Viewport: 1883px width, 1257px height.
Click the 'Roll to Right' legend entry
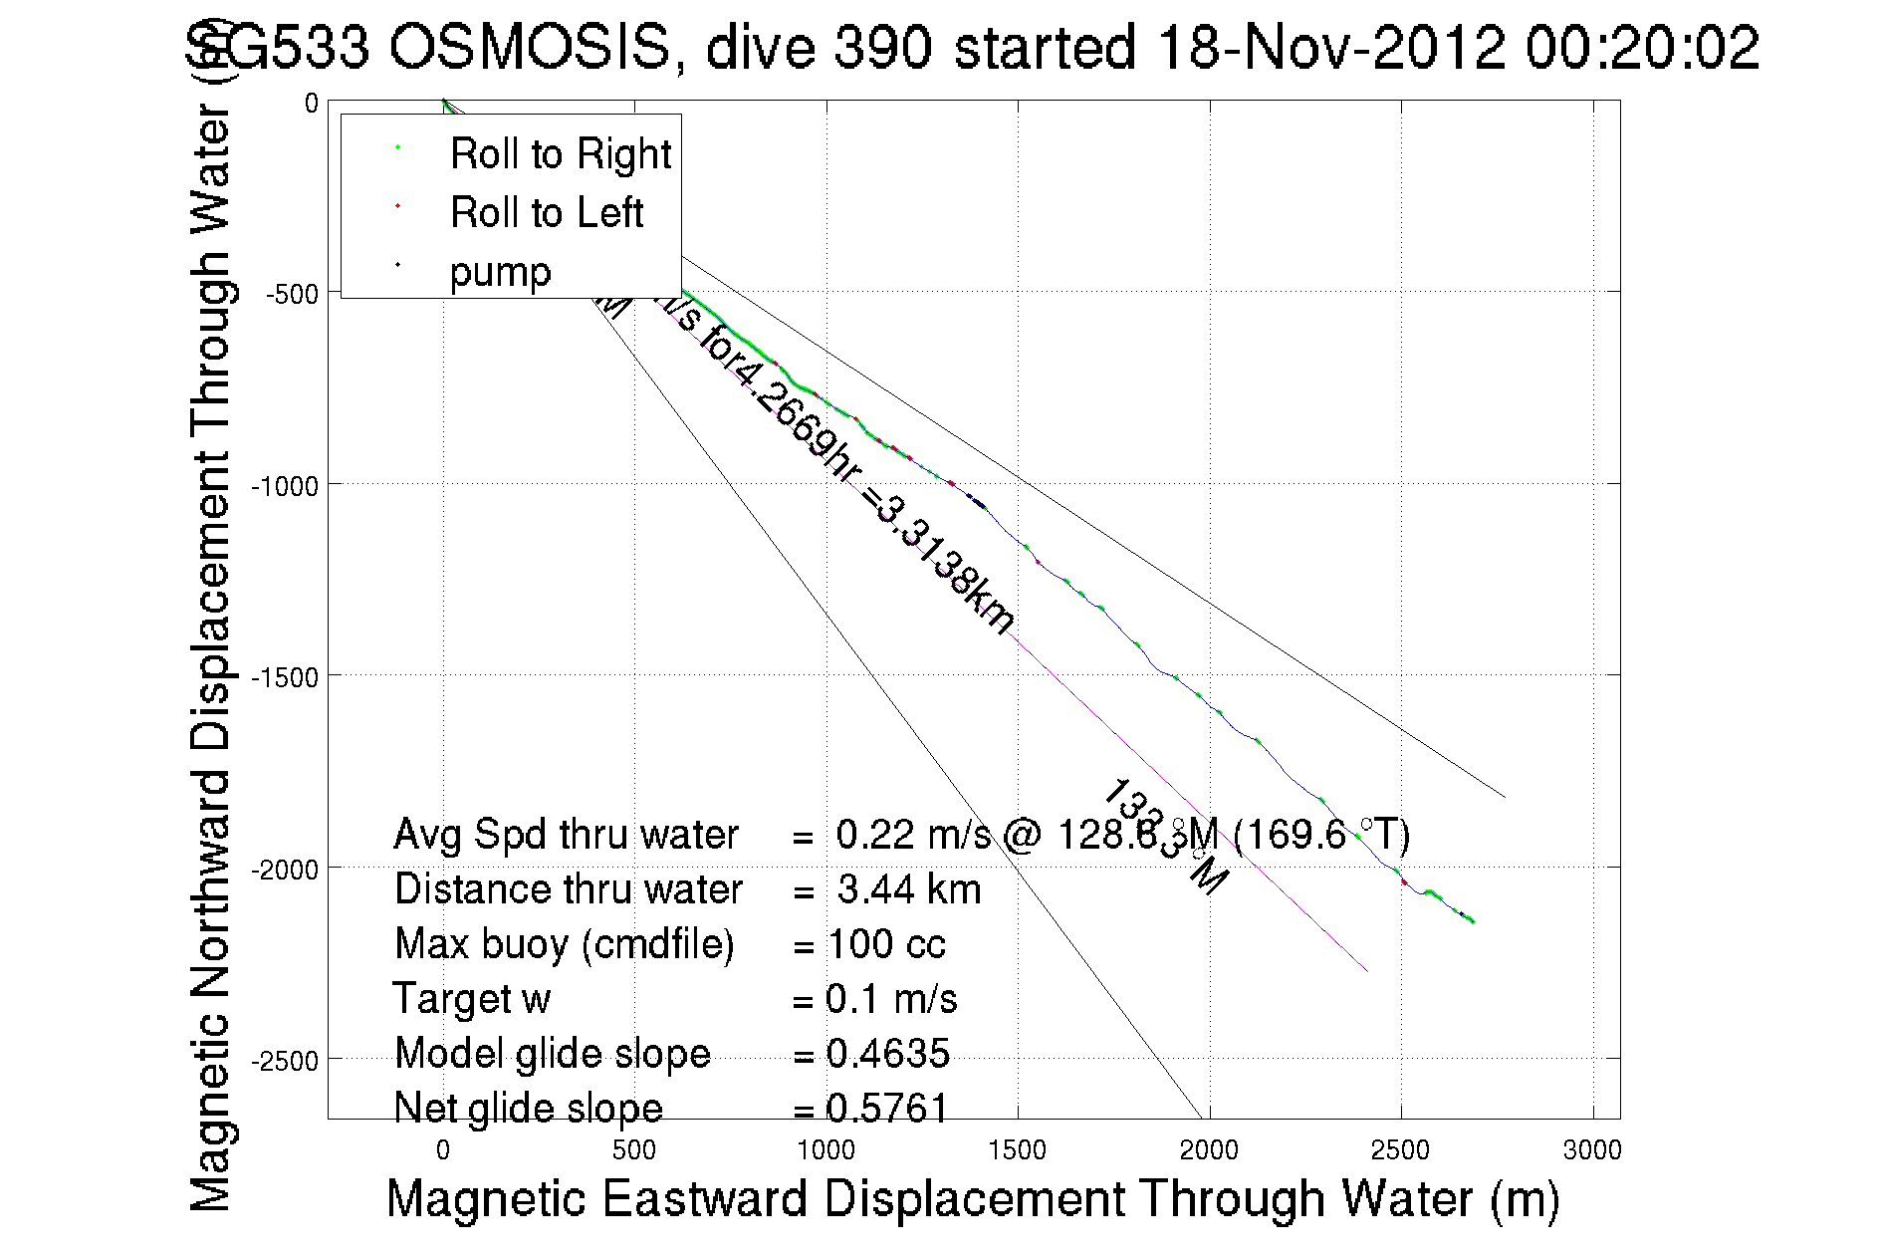pyautogui.click(x=560, y=154)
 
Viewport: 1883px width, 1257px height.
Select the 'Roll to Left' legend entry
pyautogui.click(x=546, y=213)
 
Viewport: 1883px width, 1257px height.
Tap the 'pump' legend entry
pyautogui.click(x=500, y=272)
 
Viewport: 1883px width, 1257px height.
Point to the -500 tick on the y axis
pyautogui.click(x=292, y=295)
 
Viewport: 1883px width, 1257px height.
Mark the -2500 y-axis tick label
pyautogui.click(x=285, y=1062)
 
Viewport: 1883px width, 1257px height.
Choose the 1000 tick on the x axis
pyautogui.click(x=825, y=1151)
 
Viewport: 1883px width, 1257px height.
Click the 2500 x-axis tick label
pyautogui.click(x=1400, y=1151)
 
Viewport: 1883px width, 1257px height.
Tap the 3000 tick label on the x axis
pyautogui.click(x=1592, y=1151)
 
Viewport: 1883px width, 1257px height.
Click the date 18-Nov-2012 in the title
pyautogui.click(x=1329, y=47)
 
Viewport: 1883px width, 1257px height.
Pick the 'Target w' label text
pyautogui.click(x=471, y=999)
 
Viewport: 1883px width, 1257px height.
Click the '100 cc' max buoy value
pyautogui.click(x=886, y=944)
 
